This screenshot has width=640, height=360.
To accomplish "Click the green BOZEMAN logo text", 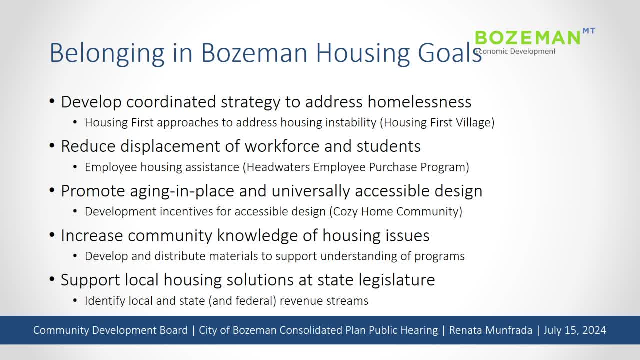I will [x=527, y=38].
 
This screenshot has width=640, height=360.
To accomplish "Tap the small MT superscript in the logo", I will [x=589, y=31].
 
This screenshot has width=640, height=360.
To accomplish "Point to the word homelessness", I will [x=419, y=102].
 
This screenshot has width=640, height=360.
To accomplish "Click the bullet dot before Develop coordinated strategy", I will [x=52, y=102].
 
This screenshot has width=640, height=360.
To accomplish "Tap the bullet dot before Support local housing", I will [x=52, y=280].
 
